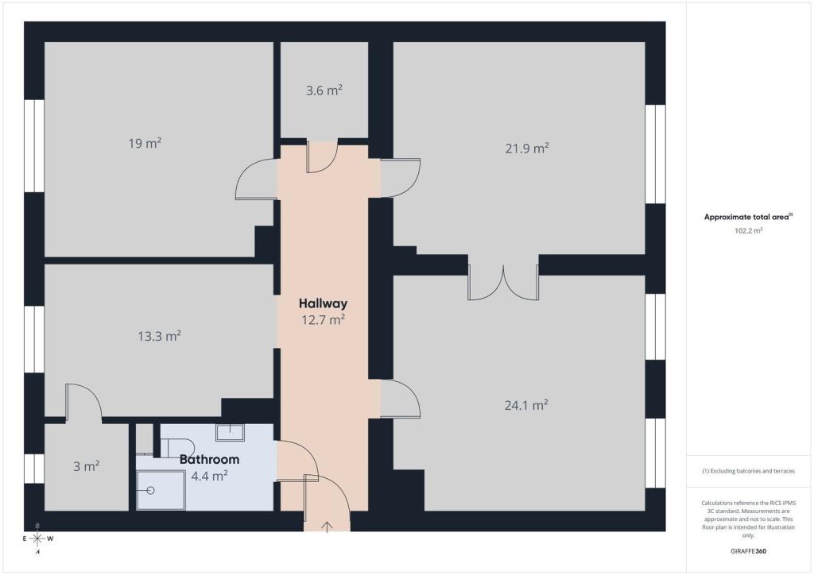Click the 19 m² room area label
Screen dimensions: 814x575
coord(145,143)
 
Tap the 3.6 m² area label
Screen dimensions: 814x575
coord(324,91)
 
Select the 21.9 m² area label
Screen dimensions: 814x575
coord(527,149)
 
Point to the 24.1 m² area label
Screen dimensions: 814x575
coord(526,405)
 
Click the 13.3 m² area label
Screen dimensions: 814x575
coord(159,336)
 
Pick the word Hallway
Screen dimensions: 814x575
coord(323,303)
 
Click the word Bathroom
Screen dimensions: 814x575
coord(209,459)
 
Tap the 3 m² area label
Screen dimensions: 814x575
coord(86,466)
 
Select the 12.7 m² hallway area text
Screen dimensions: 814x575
coord(324,319)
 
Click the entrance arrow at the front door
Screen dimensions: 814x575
coord(327,527)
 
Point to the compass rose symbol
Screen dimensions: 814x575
coord(37,538)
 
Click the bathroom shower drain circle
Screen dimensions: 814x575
coord(150,490)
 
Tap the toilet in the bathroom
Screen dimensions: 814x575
coord(177,448)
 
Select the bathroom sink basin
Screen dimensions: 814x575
coord(230,432)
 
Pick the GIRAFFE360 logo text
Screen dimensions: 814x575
coord(748,551)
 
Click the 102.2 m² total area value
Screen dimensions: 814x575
coord(748,231)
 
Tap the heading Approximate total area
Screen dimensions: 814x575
coord(746,218)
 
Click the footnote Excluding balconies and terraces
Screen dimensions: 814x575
coord(748,471)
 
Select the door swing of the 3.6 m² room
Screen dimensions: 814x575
coord(321,156)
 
